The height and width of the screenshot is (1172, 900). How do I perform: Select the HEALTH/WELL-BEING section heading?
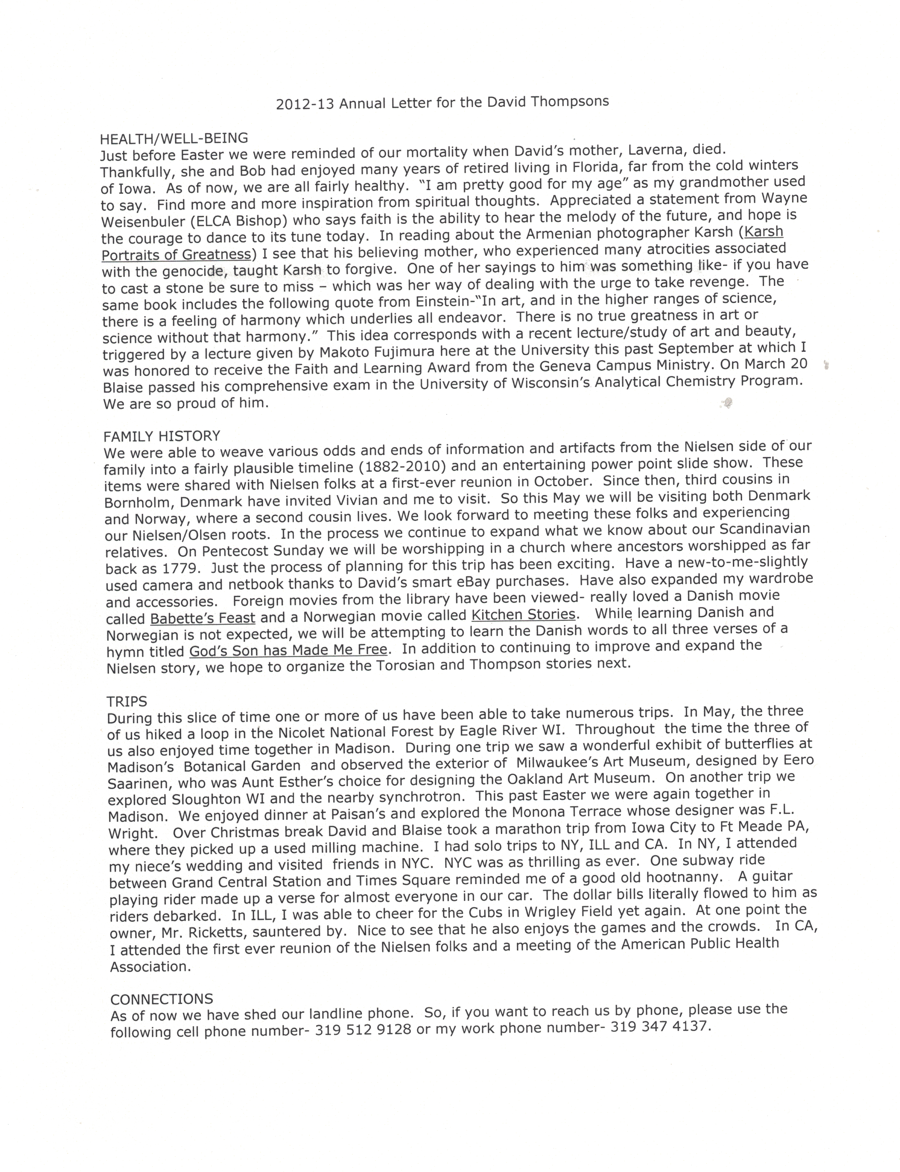174,138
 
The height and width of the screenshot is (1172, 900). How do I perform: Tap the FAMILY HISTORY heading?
162,436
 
